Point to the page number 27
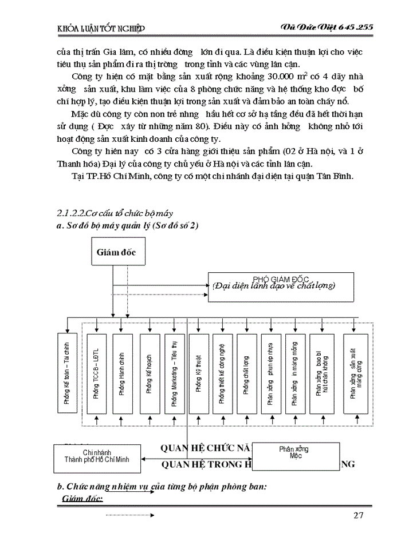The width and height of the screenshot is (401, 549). pos(359,516)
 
